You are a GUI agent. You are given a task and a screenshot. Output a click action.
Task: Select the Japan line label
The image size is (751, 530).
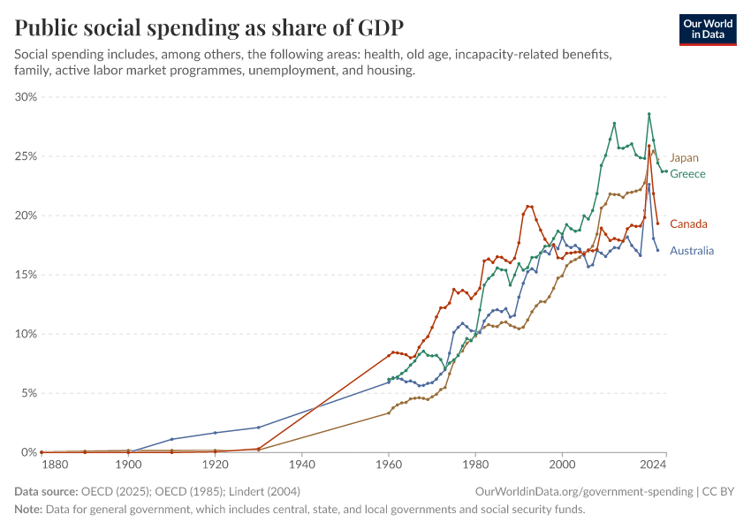[x=684, y=158]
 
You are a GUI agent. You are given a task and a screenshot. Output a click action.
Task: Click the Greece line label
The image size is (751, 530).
[x=687, y=174]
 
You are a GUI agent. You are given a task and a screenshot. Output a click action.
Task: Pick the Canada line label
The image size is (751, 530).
[x=688, y=223]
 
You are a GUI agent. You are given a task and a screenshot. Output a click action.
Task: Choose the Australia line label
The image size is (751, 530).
[x=692, y=251]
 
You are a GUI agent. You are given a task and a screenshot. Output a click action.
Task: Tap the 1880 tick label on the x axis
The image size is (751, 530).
[x=54, y=464]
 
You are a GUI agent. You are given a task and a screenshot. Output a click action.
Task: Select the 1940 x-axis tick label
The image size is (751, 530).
[x=302, y=464]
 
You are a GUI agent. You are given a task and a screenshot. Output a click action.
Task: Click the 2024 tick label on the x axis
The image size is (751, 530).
[x=653, y=464]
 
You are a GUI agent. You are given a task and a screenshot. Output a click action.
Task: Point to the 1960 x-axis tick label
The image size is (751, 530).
[x=389, y=464]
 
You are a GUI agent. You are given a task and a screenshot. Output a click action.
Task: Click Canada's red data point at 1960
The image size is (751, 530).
[x=390, y=353]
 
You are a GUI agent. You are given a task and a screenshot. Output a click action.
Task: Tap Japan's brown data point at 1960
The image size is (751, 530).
[x=390, y=413]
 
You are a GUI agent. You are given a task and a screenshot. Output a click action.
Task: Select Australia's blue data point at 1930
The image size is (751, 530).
[x=259, y=428]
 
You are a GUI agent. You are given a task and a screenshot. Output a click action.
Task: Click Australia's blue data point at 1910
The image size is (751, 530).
[x=171, y=439]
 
